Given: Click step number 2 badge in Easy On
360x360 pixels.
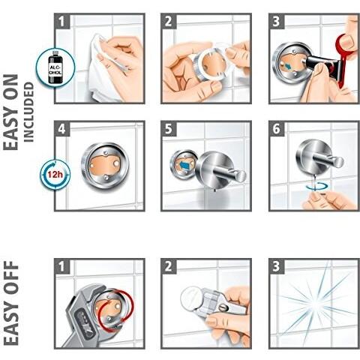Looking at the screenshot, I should pyautogui.click(x=170, y=19).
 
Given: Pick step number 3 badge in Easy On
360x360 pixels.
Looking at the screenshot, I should pyautogui.click(x=277, y=19).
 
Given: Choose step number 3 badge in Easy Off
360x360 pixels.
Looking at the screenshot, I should pyautogui.click(x=277, y=265).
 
